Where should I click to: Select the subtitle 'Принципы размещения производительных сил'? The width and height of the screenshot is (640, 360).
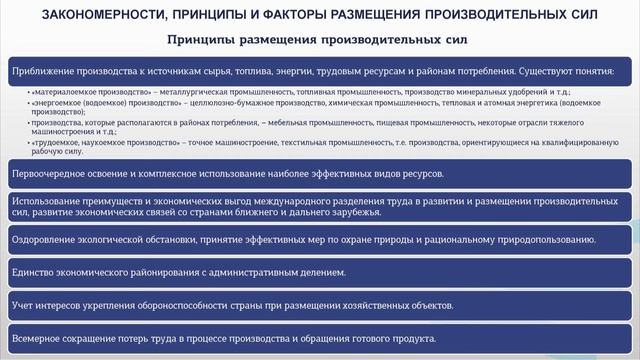coord(319,39)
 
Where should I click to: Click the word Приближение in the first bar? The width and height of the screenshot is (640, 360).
coord(45,72)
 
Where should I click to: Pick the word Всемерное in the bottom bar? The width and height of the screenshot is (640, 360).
coord(41,338)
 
